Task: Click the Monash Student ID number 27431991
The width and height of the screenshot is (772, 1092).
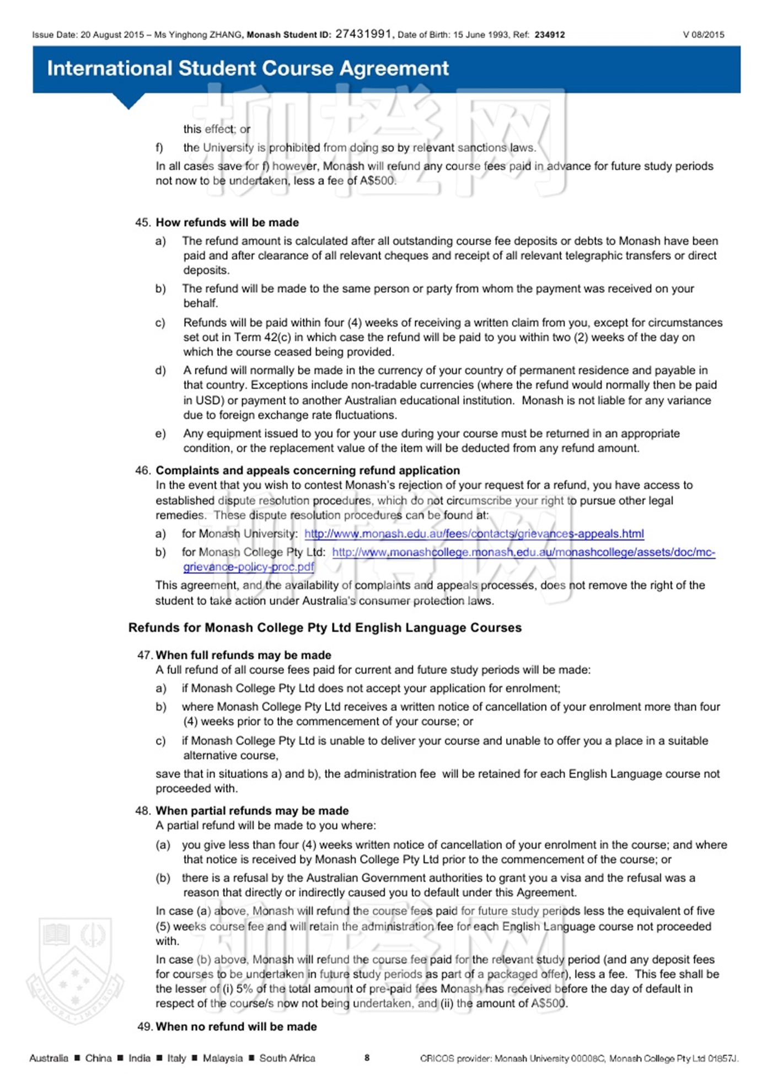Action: tap(363, 34)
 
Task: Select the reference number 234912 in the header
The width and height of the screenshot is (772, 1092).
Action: tap(550, 35)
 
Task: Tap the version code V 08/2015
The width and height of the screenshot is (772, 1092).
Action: tap(704, 35)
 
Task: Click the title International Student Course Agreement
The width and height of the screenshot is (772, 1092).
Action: tap(248, 68)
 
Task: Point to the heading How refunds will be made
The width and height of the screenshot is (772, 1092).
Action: tap(227, 222)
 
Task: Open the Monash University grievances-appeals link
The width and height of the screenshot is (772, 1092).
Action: tap(474, 534)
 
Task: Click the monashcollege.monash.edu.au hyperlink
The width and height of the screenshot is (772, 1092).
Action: tap(523, 552)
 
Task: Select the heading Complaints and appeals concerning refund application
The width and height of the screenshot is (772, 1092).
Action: tap(308, 470)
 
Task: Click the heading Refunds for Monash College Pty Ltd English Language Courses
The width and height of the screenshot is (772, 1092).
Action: tap(325, 628)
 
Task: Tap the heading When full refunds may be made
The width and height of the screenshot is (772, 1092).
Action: tap(243, 655)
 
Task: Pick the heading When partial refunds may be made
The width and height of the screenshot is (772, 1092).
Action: tap(252, 811)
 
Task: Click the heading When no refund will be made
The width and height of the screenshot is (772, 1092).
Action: tap(236, 1026)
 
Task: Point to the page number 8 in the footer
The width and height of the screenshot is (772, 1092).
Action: tap(367, 1057)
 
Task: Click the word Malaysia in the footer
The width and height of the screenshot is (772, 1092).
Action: tap(223, 1058)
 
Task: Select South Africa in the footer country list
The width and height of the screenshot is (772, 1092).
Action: tap(287, 1058)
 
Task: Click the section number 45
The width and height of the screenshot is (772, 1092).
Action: tap(142, 222)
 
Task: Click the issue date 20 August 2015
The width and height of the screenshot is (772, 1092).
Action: tap(112, 35)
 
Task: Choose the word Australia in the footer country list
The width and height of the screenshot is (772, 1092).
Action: tap(49, 1058)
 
